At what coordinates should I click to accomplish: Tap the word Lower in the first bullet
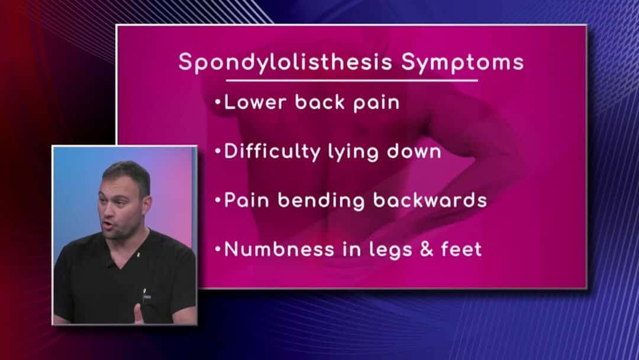[x=255, y=102]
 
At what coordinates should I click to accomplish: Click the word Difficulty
[x=272, y=152]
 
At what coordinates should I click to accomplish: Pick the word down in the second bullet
[x=414, y=151]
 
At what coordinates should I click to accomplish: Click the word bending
[x=321, y=201]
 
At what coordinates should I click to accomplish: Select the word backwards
[x=430, y=200]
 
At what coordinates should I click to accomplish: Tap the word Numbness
[x=279, y=249]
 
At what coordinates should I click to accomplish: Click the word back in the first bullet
[x=320, y=102]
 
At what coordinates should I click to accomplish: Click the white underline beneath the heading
[x=351, y=81]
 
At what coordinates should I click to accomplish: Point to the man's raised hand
[x=139, y=314]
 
